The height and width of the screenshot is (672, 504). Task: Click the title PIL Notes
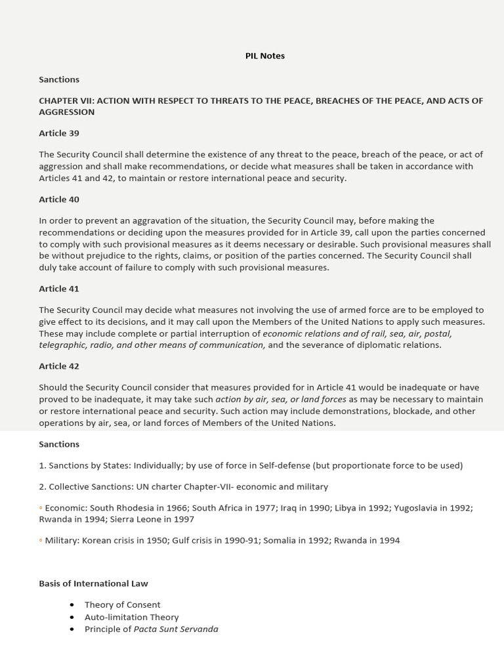click(x=264, y=56)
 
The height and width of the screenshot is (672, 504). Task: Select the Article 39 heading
click(x=59, y=133)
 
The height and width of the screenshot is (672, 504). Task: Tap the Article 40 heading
click(x=59, y=199)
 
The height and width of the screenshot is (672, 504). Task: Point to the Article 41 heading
click(x=59, y=289)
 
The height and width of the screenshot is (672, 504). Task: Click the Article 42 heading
click(x=59, y=366)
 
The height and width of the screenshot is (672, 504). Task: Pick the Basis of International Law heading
click(x=93, y=583)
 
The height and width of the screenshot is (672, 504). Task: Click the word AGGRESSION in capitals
click(x=66, y=112)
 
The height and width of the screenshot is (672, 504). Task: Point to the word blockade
click(x=381, y=411)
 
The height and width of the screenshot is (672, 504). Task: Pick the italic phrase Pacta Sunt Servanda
click(x=176, y=629)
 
